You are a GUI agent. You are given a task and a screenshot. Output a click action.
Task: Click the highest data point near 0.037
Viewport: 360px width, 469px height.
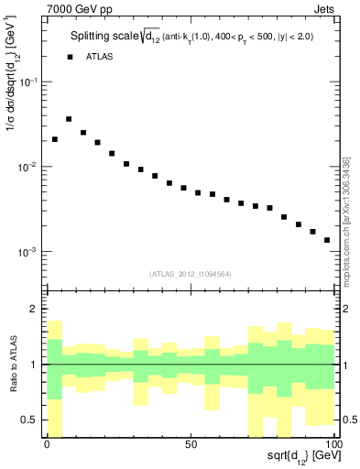tap(69, 119)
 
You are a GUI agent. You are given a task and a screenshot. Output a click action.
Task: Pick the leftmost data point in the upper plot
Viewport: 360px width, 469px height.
tap(55, 139)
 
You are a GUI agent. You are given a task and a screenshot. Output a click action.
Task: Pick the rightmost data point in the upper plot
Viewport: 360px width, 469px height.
tap(327, 240)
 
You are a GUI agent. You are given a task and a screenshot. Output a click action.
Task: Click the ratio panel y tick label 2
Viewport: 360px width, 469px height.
tap(35, 310)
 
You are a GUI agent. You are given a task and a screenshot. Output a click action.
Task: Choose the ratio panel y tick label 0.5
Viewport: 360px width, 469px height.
tap(30, 420)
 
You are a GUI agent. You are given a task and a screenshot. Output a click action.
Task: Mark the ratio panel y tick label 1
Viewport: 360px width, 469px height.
tap(35, 365)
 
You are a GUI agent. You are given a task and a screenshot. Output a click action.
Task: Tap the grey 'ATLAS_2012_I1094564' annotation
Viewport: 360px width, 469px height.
tap(190, 274)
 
